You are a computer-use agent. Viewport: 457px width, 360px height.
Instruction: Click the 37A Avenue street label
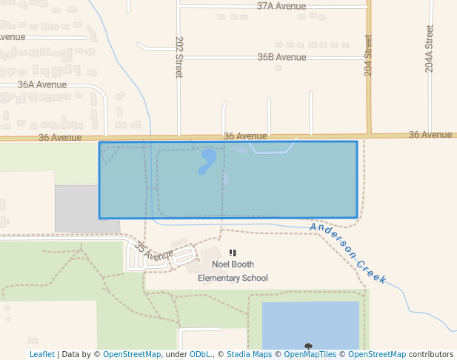point(281,6)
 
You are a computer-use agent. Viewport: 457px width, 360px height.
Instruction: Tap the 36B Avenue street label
point(281,57)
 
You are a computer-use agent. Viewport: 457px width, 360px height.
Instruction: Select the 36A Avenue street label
point(42,84)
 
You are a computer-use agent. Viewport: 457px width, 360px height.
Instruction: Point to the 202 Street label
point(179,57)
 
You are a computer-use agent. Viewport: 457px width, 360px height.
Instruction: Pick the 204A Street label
point(430,49)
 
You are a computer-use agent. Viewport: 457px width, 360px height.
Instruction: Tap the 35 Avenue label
point(153,253)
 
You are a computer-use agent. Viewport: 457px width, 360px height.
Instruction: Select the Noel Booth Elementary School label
point(233,271)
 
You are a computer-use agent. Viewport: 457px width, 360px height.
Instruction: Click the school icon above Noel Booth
point(233,253)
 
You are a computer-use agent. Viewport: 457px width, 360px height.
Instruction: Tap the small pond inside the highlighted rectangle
point(207,160)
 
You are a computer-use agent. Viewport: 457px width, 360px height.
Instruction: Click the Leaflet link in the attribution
point(41,354)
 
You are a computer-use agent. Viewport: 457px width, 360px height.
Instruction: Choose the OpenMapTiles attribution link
point(310,354)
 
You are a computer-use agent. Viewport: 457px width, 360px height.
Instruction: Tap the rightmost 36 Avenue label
point(430,135)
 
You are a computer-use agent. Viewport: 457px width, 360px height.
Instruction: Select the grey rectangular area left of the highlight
point(76,208)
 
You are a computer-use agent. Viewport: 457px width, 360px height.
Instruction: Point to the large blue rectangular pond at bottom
point(311,322)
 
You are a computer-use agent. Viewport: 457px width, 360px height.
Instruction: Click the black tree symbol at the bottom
point(308,346)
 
